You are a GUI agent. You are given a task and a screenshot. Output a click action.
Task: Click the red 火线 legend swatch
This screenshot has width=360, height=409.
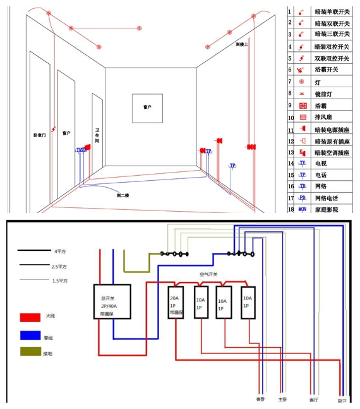[x=30, y=315]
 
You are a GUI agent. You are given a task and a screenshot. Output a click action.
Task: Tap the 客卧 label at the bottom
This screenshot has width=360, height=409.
[x=260, y=399]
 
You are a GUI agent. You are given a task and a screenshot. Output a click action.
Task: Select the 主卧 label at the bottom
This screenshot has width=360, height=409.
[x=282, y=399]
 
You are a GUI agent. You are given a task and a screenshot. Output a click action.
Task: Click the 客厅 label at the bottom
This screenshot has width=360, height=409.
[x=313, y=399]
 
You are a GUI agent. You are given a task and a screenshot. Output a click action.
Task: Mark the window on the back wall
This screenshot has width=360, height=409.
[x=147, y=108]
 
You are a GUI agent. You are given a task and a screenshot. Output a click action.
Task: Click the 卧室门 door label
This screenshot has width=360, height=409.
[x=39, y=135]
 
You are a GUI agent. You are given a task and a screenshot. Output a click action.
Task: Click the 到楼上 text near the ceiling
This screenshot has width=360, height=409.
[x=243, y=44]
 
